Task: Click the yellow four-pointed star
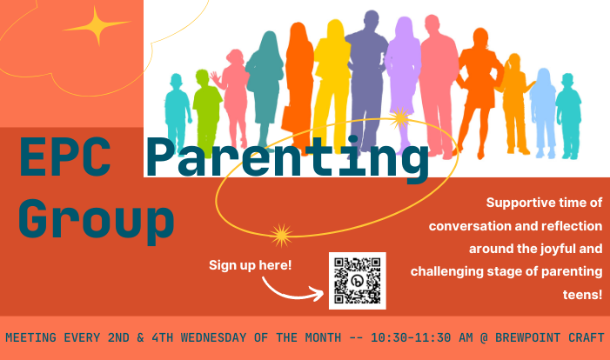pos(97,26)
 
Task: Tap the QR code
pos(357,281)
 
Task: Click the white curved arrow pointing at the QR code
pos(292,290)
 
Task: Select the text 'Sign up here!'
pos(250,265)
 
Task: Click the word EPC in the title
pos(65,157)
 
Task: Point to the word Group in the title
pos(96,219)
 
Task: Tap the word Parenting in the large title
pos(287,158)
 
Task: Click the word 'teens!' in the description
pos(582,295)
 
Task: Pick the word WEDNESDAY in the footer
pos(213,337)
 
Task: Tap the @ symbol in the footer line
pos(484,338)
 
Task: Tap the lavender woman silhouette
pos(404,77)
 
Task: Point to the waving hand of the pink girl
pos(215,77)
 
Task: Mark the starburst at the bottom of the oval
pos(281,235)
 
